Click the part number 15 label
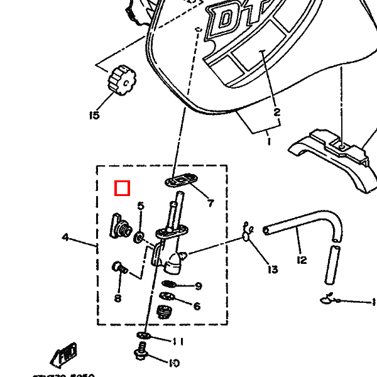click(94, 115)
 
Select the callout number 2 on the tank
click(276, 113)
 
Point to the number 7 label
click(210, 203)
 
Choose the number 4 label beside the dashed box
click(65, 238)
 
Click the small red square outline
click(123, 188)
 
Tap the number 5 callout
click(141, 206)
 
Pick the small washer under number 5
click(139, 237)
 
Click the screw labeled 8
click(118, 268)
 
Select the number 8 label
click(117, 298)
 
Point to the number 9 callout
click(198, 287)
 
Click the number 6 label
click(197, 306)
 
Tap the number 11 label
click(178, 342)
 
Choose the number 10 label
click(174, 363)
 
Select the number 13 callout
click(271, 270)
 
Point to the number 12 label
click(302, 260)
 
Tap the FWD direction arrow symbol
click(66, 355)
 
